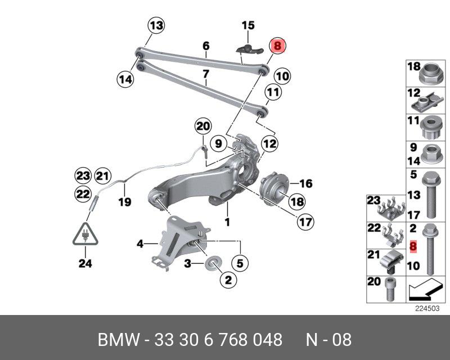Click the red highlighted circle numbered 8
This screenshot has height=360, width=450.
point(278,46)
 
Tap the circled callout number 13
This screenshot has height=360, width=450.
point(156,25)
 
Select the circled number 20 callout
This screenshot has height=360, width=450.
point(202,127)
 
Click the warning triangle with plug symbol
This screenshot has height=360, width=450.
point(85,233)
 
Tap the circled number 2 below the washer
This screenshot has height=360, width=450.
point(228,279)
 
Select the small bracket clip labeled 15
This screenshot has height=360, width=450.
point(248,48)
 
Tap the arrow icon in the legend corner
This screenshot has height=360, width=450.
point(422,290)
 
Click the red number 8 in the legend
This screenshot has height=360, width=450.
point(413,246)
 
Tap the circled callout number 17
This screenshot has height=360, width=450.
point(305,223)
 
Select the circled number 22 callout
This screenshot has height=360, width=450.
point(83,194)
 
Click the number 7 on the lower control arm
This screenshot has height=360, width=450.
point(206,74)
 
